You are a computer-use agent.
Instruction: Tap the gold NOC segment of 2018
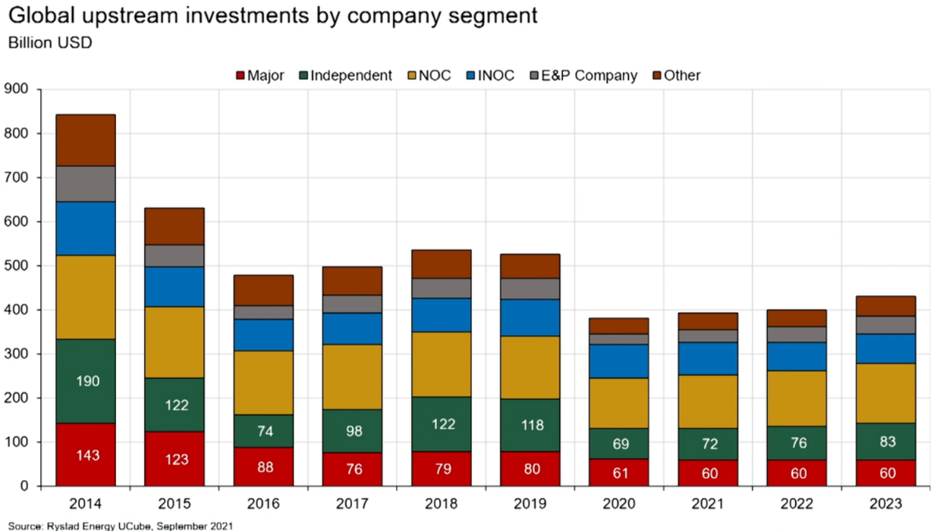pos(442,364)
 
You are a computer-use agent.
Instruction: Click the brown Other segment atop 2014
pos(86,140)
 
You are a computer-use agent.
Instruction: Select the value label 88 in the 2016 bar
pos(264,467)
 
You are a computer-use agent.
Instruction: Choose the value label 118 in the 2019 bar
pos(532,425)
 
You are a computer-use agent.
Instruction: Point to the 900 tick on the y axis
pos(16,90)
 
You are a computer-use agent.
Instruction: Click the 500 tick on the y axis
pos(16,266)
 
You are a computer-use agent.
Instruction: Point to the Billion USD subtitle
pos(50,42)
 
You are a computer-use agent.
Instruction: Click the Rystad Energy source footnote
pos(121,525)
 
